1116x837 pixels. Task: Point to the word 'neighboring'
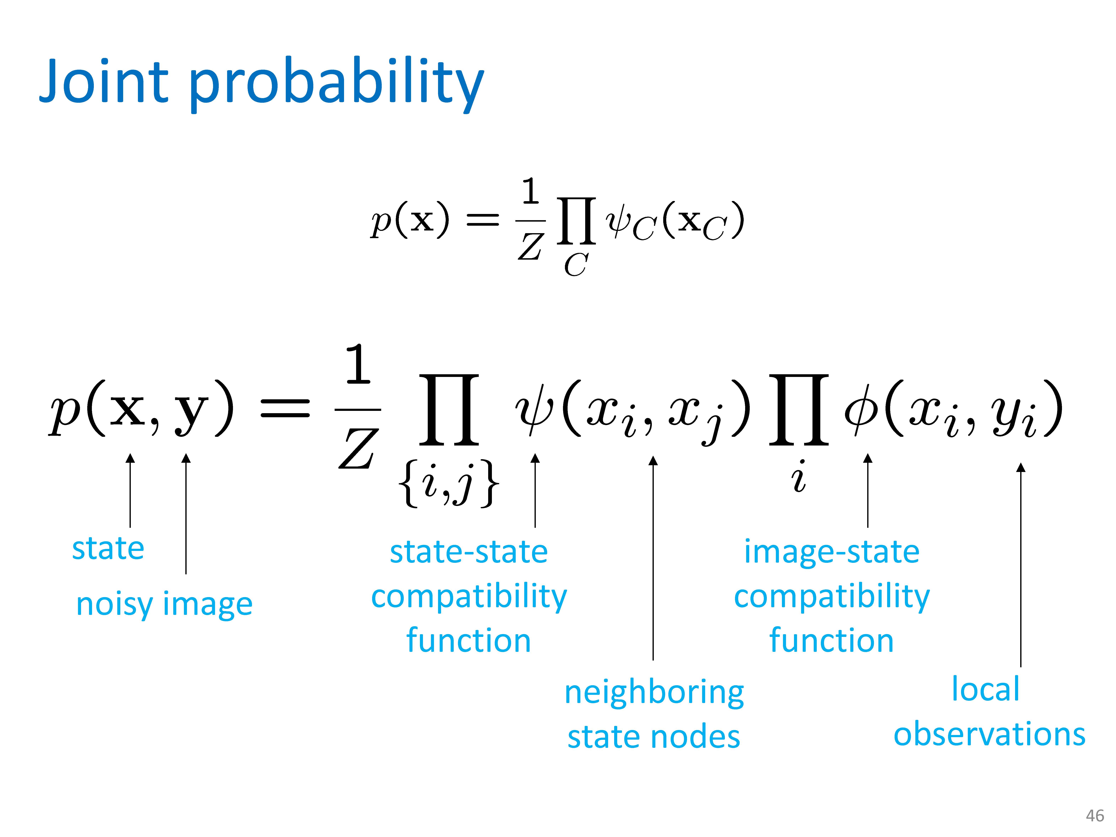tap(654, 693)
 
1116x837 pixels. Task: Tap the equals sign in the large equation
tap(285, 408)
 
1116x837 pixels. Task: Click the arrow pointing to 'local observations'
tap(1021, 565)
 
